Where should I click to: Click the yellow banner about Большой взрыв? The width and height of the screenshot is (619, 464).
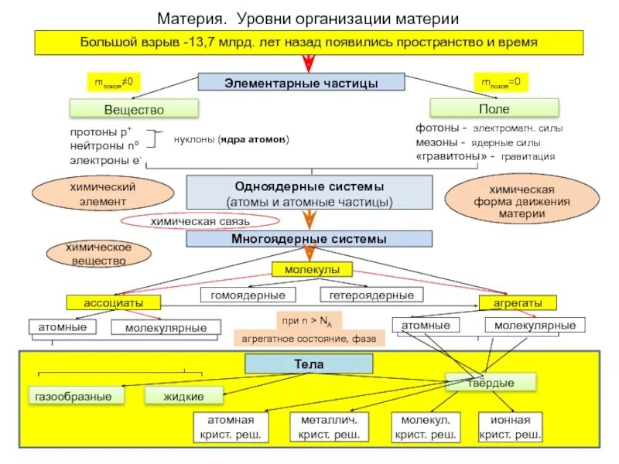(309, 43)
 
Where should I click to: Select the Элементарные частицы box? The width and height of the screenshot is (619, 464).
(301, 82)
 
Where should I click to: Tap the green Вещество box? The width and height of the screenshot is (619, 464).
(133, 109)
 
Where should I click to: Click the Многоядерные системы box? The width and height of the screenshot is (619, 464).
(309, 240)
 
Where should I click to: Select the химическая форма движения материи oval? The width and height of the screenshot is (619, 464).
(511, 201)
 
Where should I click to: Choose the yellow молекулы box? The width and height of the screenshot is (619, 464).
(312, 269)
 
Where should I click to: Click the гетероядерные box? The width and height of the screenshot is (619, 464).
(371, 295)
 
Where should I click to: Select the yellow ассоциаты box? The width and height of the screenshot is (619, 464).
(112, 302)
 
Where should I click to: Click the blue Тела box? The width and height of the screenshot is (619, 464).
(308, 363)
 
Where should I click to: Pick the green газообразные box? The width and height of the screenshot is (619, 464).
(78, 396)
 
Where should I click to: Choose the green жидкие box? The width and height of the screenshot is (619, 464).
(183, 396)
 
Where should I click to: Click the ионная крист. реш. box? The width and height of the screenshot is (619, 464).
(510, 428)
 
